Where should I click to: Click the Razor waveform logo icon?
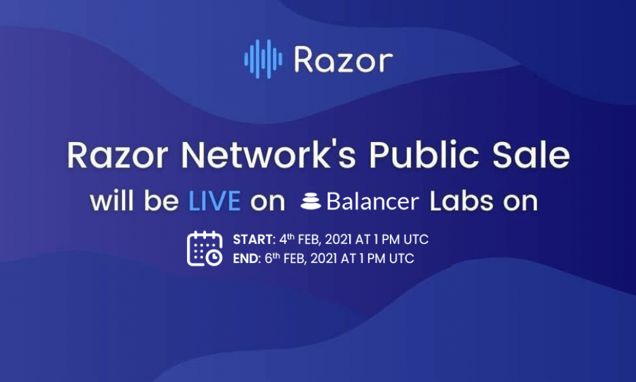(x=263, y=59)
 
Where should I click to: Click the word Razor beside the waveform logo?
(x=343, y=60)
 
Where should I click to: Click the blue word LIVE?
(x=214, y=201)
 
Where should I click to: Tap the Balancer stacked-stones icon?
(x=311, y=202)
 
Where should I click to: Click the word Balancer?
(x=372, y=201)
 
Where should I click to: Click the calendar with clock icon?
(x=205, y=248)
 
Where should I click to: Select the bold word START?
(x=254, y=239)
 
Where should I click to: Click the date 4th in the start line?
(x=287, y=239)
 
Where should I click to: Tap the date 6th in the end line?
(x=272, y=258)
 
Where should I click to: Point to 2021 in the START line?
(x=338, y=239)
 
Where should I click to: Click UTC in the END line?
(x=401, y=258)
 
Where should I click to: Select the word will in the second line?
(x=114, y=201)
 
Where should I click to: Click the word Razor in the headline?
(x=118, y=155)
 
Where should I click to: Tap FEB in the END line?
(x=294, y=258)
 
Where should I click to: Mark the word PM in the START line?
(x=391, y=239)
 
